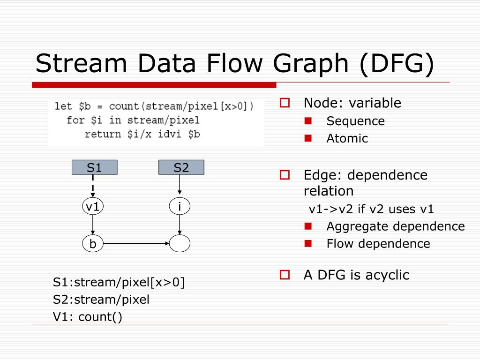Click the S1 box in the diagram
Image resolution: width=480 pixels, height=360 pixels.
tap(94, 167)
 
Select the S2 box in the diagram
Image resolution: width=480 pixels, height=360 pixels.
tap(181, 167)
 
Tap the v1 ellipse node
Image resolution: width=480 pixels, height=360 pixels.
tap(93, 206)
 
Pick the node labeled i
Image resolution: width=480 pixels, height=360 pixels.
tap(180, 206)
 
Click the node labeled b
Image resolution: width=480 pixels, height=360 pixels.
tap(93, 244)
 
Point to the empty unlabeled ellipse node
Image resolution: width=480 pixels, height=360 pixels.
tap(180, 244)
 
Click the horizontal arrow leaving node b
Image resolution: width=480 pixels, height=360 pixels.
tap(136, 244)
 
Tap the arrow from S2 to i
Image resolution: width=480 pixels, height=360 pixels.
tap(180, 187)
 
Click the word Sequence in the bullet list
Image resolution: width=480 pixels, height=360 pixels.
tap(355, 121)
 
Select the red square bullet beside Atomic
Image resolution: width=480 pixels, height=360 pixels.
tap(308, 138)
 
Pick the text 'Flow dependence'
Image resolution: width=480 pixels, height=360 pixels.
tap(378, 244)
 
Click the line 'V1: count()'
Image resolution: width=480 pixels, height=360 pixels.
tap(88, 317)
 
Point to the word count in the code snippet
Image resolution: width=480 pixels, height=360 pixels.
tap(125, 106)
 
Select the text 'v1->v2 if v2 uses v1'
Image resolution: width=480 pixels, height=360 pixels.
tap(371, 209)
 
